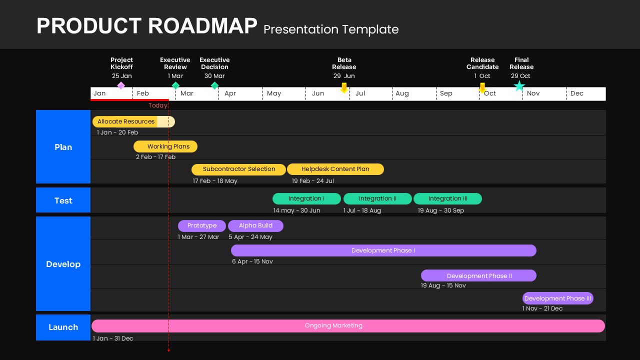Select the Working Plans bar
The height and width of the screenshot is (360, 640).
click(165, 146)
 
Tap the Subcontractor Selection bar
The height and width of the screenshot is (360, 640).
click(238, 169)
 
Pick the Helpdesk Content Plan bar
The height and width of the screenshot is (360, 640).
click(335, 169)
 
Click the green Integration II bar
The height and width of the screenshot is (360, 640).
click(377, 198)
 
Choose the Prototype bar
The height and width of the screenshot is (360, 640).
click(202, 226)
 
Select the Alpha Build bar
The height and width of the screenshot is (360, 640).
click(255, 226)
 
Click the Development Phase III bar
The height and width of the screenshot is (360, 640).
click(557, 298)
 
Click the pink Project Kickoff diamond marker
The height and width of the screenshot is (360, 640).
click(121, 85)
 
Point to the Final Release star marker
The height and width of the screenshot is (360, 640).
click(519, 86)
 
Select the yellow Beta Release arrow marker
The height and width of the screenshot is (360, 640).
click(344, 88)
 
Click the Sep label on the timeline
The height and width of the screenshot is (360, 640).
click(446, 93)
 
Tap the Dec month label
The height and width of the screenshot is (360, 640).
click(576, 93)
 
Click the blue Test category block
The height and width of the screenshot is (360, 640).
click(63, 200)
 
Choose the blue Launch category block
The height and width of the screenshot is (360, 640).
click(63, 327)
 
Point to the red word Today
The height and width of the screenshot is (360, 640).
click(158, 105)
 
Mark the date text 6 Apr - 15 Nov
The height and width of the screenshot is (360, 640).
click(252, 261)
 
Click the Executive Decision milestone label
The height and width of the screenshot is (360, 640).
click(214, 63)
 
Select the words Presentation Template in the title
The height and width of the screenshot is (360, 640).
click(331, 29)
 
